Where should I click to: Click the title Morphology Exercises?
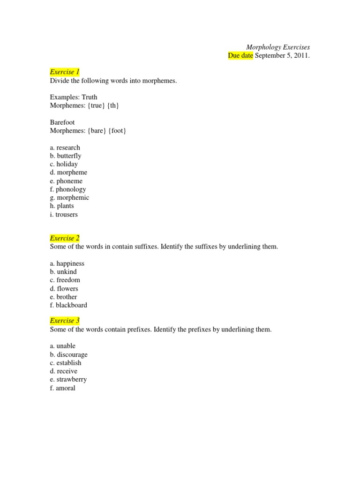click(278, 47)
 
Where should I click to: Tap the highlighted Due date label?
click(240, 56)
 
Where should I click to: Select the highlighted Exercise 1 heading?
click(65, 72)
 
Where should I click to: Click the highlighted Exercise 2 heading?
click(65, 238)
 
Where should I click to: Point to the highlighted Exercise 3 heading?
click(65, 321)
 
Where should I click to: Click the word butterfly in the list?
click(69, 156)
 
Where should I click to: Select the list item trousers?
click(67, 214)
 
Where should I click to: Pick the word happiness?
click(70, 263)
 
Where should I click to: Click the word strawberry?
click(72, 379)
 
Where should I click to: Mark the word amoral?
click(66, 388)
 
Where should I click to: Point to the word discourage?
click(72, 354)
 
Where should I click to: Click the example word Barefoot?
click(62, 122)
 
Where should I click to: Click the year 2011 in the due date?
click(301, 56)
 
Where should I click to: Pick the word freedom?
click(68, 280)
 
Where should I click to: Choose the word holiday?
click(67, 164)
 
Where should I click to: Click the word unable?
click(66, 346)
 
